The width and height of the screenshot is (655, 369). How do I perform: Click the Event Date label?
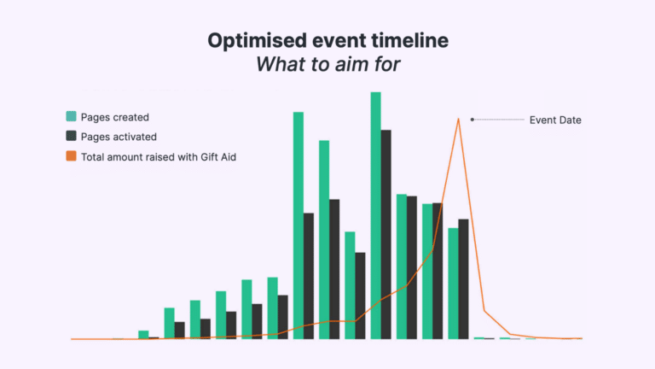click(555, 120)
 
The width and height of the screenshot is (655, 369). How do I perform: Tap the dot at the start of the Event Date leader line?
click(472, 120)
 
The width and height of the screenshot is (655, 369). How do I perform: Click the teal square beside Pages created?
click(72, 116)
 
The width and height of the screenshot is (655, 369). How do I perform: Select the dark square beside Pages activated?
click(72, 137)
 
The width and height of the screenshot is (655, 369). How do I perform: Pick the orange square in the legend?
click(72, 157)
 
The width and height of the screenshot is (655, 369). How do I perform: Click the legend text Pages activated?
click(119, 137)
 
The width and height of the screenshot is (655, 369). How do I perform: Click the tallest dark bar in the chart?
click(386, 234)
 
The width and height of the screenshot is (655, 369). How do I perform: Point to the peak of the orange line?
click(459, 119)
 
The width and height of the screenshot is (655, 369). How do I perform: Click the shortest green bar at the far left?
click(143, 335)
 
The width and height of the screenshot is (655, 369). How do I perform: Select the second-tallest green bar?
click(299, 225)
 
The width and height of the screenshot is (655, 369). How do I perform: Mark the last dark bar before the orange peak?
click(463, 278)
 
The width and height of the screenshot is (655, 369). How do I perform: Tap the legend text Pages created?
click(114, 116)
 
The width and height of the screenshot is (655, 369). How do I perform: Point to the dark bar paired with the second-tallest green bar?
click(309, 276)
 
